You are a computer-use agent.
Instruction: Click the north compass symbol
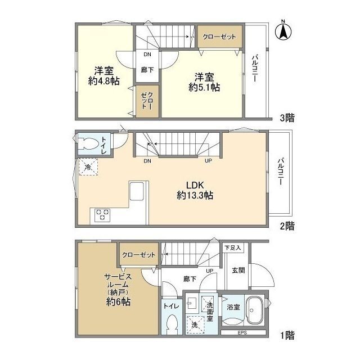[283, 30]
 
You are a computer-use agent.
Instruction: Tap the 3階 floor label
[287, 118]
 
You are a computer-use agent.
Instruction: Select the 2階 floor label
[287, 226]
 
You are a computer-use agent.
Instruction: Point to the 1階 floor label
[287, 336]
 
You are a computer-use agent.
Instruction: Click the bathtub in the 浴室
[255, 310]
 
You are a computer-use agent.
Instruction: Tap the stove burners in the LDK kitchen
[102, 215]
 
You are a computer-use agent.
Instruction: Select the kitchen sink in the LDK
[136, 191]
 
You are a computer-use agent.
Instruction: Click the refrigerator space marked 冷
[88, 167]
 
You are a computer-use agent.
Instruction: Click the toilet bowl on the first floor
[172, 325]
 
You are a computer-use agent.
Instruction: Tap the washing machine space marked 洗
[195, 325]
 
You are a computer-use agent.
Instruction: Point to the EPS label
[242, 332]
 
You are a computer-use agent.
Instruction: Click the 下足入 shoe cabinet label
[232, 247]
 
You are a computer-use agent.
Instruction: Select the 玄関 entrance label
[238, 270]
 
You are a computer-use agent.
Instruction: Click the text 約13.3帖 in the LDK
[195, 195]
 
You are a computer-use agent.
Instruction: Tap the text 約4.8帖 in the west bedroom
[103, 81]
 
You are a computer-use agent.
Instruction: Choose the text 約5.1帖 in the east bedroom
[204, 87]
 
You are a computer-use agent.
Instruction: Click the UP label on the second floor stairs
[208, 161]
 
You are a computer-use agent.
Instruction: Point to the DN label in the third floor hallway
[147, 55]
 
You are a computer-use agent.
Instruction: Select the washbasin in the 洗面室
[191, 303]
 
